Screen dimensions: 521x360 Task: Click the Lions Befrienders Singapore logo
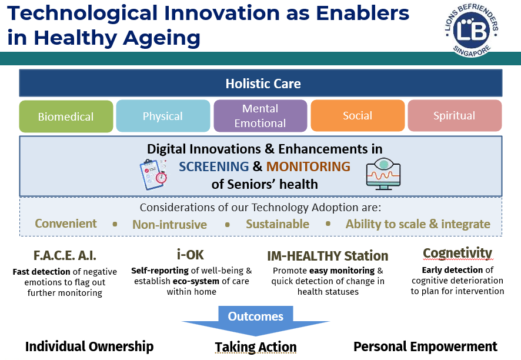pos(471,31)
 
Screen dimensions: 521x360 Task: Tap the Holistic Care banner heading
pos(263,84)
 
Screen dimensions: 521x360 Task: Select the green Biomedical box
pos(66,116)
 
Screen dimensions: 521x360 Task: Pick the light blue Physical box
pos(163,116)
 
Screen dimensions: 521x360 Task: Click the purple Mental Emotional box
pos(260,116)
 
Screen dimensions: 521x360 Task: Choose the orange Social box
pos(358,115)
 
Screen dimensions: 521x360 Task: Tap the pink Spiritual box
pos(455,115)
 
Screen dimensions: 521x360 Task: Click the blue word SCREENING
pos(213,166)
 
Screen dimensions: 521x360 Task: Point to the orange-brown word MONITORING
pos(308,166)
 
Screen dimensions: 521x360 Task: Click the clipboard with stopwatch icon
pos(153,174)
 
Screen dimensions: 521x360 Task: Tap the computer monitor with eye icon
pos(383,174)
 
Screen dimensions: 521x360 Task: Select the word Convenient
pos(66,224)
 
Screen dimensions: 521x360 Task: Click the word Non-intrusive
pos(169,224)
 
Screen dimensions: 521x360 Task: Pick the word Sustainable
pos(278,224)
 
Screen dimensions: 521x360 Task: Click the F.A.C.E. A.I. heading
pos(65,256)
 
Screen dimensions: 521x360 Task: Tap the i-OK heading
pos(191,255)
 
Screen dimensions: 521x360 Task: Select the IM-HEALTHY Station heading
pos(328,256)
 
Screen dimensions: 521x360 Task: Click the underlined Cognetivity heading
pos(457,253)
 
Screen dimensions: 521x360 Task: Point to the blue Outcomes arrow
pos(256,321)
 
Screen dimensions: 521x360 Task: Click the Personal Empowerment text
pos(425,346)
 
